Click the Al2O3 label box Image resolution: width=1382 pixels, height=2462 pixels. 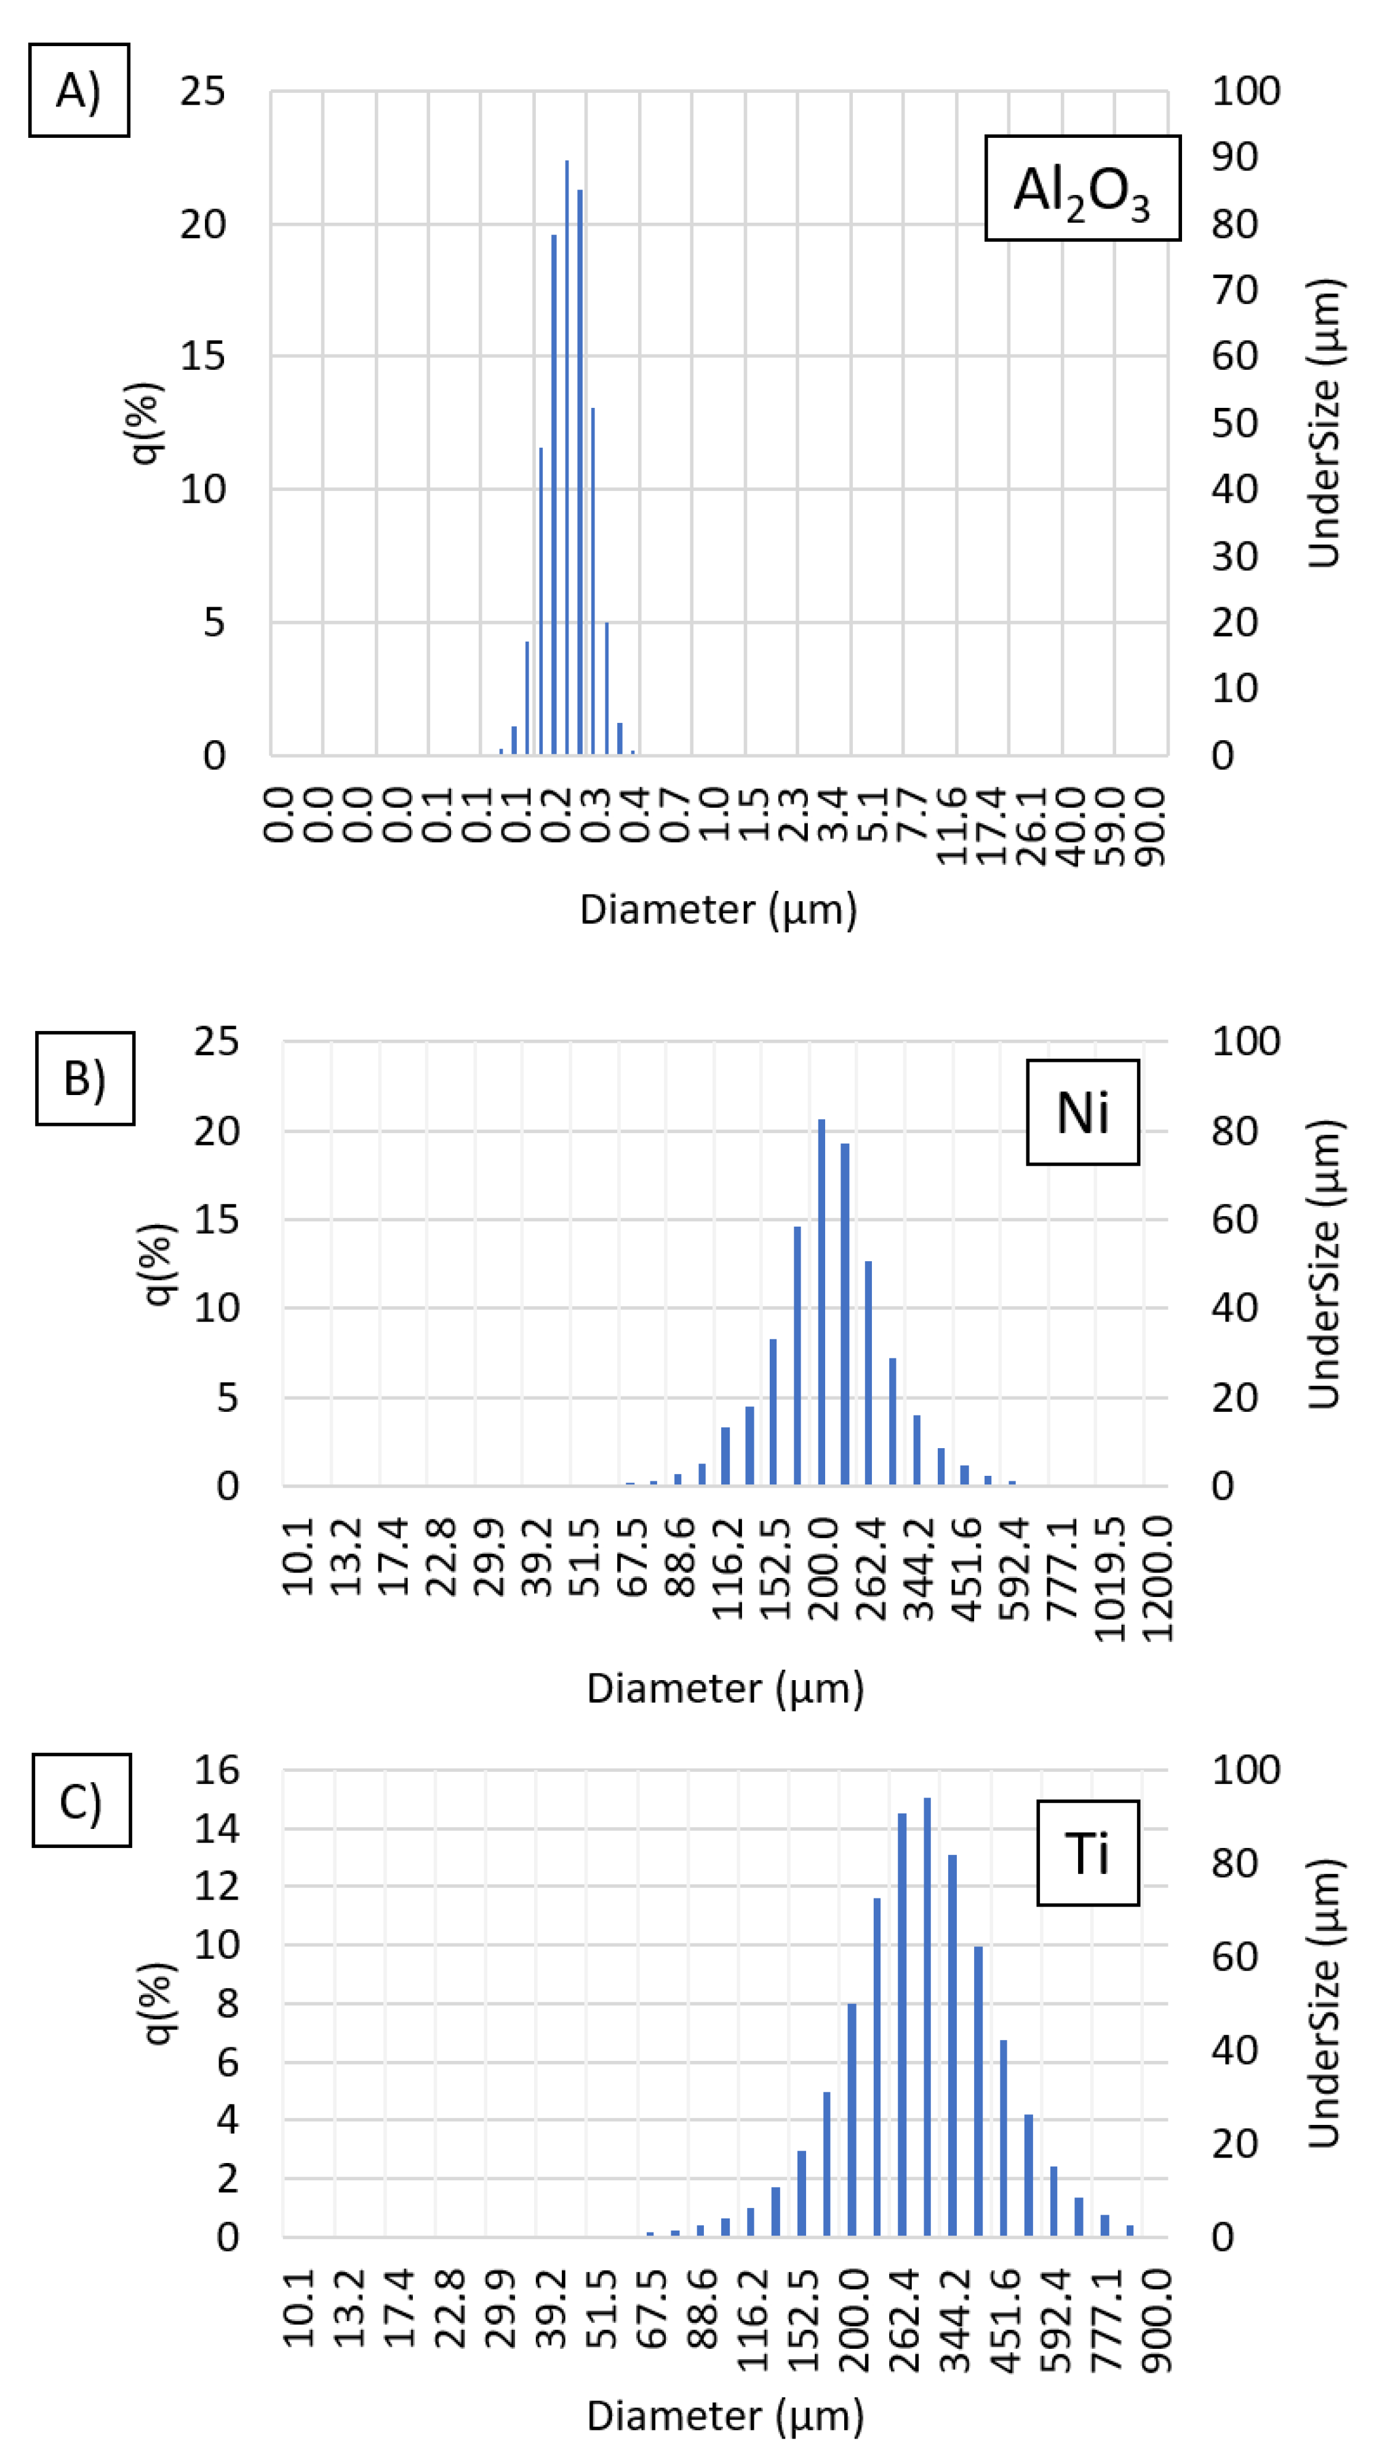pyautogui.click(x=1082, y=188)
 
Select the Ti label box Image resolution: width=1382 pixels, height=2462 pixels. pyautogui.click(x=1088, y=1853)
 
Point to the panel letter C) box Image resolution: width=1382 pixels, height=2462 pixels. pyautogui.click(x=81, y=1801)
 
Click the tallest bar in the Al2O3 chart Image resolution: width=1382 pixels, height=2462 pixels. pyautogui.click(x=567, y=459)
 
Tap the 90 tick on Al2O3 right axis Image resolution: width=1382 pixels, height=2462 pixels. pyautogui.click(x=1234, y=157)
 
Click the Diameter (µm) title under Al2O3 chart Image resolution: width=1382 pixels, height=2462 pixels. pyautogui.click(x=717, y=909)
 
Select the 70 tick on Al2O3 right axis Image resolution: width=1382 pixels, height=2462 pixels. pyautogui.click(x=1234, y=290)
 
